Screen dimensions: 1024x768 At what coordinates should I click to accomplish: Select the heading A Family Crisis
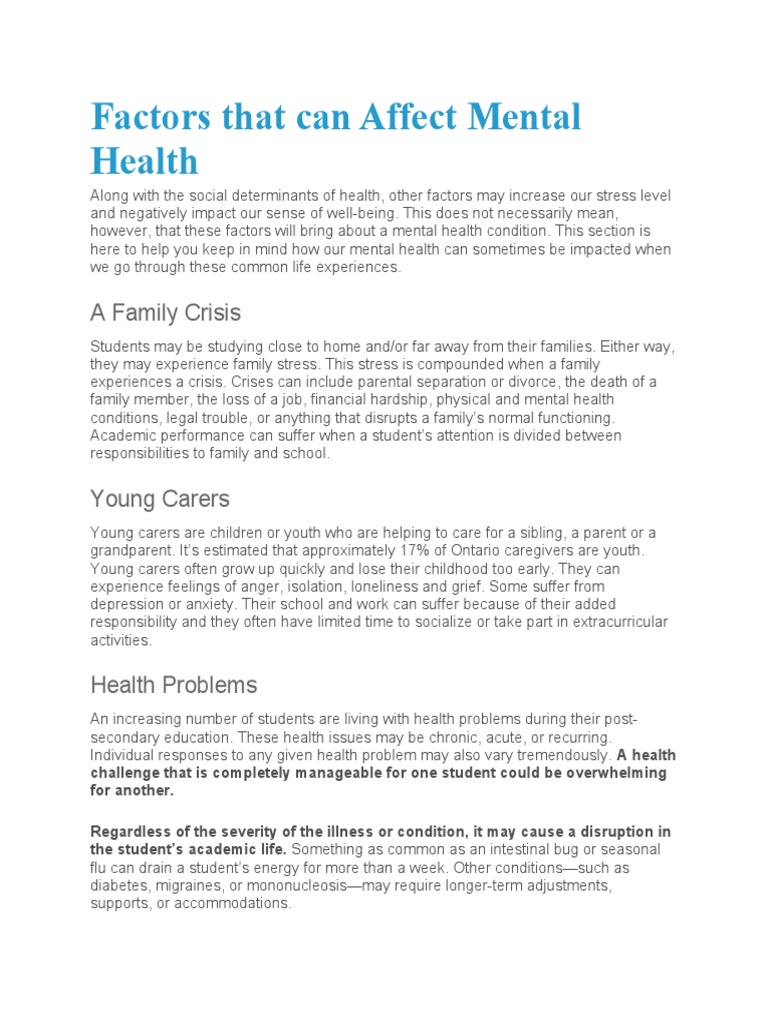166,313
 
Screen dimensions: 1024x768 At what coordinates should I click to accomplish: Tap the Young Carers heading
159,497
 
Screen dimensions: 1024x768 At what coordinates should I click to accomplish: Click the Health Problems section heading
174,685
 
